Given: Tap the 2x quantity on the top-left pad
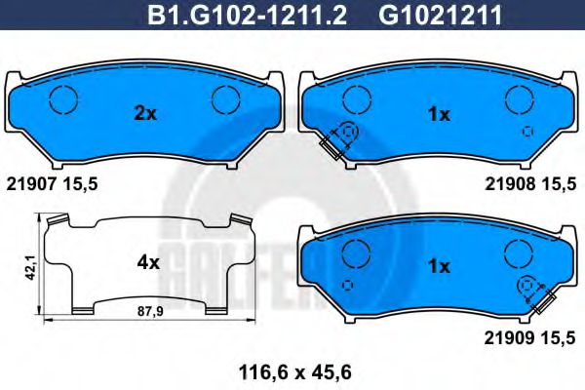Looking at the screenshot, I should point(144,114).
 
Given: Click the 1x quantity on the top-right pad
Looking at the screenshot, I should point(439,114).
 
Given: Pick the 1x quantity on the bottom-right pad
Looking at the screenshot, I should point(439,265).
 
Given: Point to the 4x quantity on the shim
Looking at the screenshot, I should point(148,262).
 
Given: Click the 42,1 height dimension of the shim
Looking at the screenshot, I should point(32,264).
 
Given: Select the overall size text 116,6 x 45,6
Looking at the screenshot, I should point(291,371).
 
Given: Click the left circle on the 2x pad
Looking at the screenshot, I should point(64,98).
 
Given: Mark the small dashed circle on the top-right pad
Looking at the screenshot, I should point(527,132).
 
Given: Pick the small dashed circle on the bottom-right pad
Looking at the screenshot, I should point(348,284).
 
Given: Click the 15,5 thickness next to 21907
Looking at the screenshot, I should point(82,182).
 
